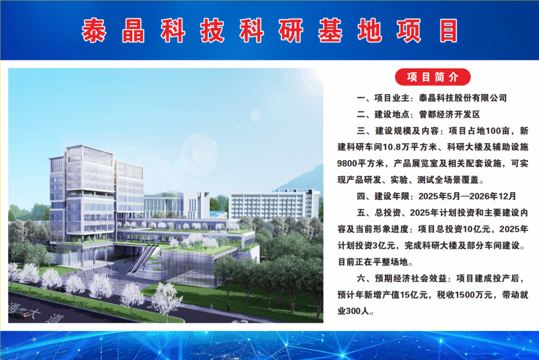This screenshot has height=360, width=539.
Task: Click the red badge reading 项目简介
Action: click(432, 77)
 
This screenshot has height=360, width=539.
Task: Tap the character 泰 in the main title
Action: click(94, 30)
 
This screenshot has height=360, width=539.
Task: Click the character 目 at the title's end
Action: click(448, 30)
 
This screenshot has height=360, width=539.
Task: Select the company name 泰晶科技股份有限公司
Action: click(463, 98)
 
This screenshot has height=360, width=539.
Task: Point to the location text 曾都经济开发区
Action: click(450, 114)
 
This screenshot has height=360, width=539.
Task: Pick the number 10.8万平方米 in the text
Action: click(410, 147)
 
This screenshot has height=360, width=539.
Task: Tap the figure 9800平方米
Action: click(360, 163)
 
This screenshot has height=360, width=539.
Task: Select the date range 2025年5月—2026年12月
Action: click(467, 196)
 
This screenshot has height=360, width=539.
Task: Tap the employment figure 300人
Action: click(357, 311)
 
